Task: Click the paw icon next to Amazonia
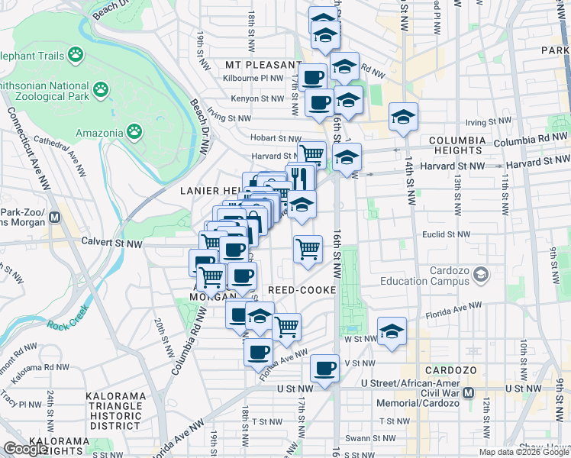(x=134, y=132)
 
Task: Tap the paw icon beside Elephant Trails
(x=75, y=54)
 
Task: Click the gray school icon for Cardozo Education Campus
(x=481, y=273)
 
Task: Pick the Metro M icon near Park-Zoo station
(x=54, y=217)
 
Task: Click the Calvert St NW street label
(x=111, y=244)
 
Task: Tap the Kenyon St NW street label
(x=258, y=98)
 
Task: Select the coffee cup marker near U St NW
(x=325, y=368)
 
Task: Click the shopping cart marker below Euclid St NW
(x=307, y=248)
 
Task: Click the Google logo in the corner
(x=25, y=448)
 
